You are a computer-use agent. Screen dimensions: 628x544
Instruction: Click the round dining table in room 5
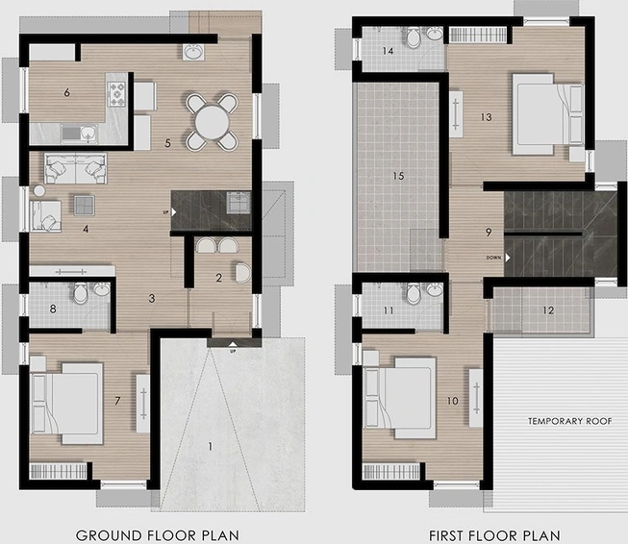[213, 122]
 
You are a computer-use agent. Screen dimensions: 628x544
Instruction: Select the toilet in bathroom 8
[81, 292]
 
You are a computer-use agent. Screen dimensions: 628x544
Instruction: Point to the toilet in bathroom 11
[413, 293]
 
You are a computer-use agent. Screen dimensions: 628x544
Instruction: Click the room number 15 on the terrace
[398, 176]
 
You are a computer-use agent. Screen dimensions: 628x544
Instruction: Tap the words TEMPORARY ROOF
[569, 421]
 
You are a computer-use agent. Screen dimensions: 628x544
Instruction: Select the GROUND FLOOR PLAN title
[158, 535]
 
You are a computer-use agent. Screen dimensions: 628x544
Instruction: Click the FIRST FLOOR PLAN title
[494, 535]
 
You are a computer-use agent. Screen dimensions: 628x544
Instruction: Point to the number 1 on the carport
[211, 446]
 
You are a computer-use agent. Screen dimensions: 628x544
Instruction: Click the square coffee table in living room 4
[84, 206]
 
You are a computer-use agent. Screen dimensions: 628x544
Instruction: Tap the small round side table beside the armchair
[39, 191]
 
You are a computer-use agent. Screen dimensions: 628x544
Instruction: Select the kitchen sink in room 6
[79, 134]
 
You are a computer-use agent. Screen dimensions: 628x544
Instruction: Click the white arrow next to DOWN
[508, 258]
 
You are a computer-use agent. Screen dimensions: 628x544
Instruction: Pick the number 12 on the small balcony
[548, 310]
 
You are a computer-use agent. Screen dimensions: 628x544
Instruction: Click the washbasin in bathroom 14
[434, 34]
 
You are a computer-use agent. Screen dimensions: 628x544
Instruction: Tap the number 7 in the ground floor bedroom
[117, 401]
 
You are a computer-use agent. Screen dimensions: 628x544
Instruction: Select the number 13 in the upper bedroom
[486, 117]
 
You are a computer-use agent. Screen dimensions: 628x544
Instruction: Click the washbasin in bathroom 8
[101, 289]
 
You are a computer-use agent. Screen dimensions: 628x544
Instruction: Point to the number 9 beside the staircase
[489, 233]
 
